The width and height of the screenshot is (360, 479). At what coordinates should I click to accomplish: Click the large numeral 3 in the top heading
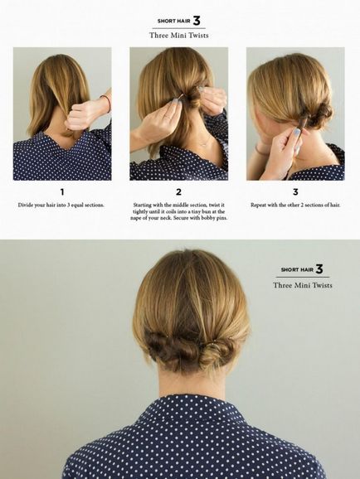pyautogui.click(x=197, y=21)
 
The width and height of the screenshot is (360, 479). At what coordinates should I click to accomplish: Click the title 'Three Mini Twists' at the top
pyautogui.click(x=179, y=35)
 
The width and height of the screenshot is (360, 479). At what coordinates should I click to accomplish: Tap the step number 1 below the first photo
pyautogui.click(x=62, y=191)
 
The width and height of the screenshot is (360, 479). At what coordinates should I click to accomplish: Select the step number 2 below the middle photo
pyautogui.click(x=178, y=191)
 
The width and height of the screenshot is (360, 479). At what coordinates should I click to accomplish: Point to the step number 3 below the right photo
pyautogui.click(x=295, y=191)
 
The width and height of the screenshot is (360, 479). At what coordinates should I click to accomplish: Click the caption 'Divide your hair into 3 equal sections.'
pyautogui.click(x=61, y=205)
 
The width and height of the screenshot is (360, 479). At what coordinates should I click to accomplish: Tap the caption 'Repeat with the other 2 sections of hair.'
pyautogui.click(x=295, y=205)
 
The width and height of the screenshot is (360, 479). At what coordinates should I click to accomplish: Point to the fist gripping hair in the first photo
pyautogui.click(x=80, y=115)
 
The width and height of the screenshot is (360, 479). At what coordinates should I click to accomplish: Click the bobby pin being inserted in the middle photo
pyautogui.click(x=182, y=99)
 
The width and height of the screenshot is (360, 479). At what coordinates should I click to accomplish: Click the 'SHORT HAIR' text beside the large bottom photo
pyautogui.click(x=297, y=269)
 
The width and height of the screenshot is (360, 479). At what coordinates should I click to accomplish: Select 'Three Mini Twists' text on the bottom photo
pyautogui.click(x=303, y=285)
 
